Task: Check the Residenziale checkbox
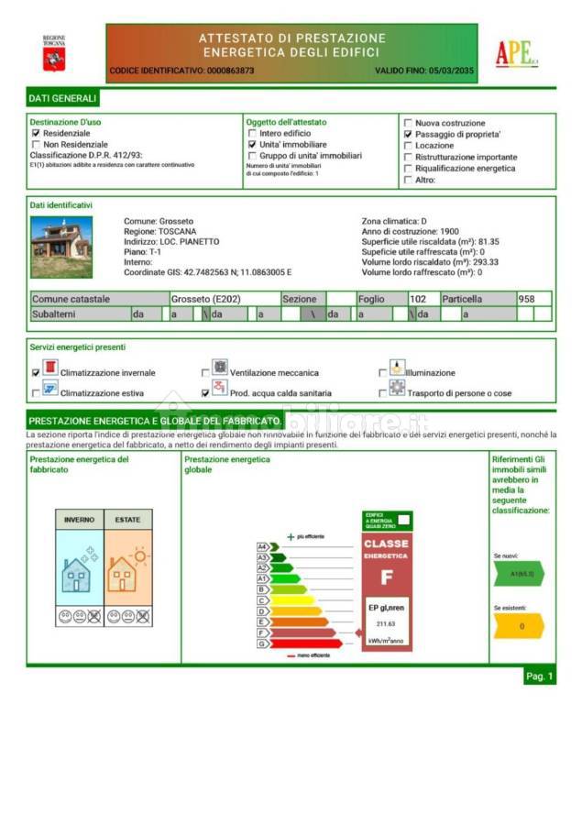[36, 133]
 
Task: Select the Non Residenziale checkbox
[36, 144]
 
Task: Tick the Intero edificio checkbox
[252, 133]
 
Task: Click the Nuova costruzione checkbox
[408, 123]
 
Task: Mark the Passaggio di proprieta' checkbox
[408, 134]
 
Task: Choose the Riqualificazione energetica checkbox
[408, 169]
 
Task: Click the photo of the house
[61, 247]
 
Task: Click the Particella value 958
[527, 299]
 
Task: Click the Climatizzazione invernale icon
[50, 368]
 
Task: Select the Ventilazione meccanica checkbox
[205, 373]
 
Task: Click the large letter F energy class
[386, 577]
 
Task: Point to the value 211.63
[386, 624]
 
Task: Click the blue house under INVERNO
[75, 575]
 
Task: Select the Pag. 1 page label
[539, 676]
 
